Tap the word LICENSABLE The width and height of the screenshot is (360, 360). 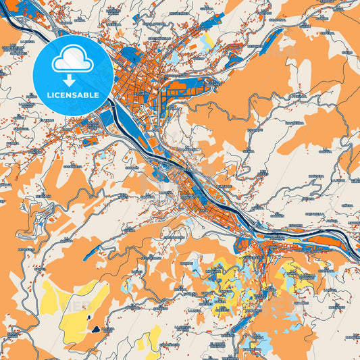point(72,95)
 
